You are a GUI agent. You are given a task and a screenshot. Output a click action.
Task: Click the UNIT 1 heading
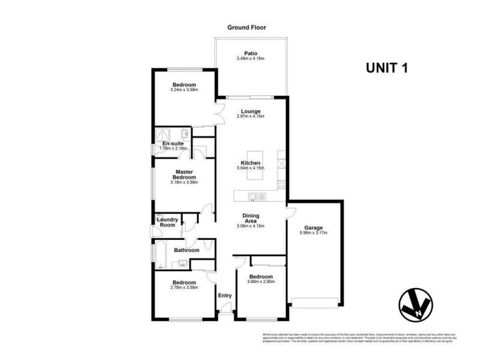(387, 68)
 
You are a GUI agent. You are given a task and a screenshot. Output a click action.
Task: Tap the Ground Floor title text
(246, 28)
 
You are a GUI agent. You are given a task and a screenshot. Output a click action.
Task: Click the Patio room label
(251, 53)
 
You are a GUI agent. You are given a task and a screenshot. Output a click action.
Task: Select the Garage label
(313, 228)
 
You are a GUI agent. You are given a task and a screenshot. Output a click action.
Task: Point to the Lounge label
(250, 111)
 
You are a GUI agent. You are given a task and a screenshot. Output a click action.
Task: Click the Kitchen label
(250, 163)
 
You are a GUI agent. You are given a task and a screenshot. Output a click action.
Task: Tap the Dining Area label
(250, 218)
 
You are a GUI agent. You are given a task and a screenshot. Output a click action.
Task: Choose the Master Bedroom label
(184, 174)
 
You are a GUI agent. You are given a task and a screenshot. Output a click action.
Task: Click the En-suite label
(173, 144)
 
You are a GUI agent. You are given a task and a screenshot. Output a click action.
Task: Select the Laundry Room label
(167, 222)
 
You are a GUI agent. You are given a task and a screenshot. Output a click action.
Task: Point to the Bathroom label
(186, 250)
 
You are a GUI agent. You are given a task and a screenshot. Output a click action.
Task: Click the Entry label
(224, 295)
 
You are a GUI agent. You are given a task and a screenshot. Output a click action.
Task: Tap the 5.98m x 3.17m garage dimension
(313, 233)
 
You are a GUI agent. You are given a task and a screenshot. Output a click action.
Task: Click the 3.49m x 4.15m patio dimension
(251, 58)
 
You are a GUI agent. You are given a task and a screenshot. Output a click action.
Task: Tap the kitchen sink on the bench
(257, 195)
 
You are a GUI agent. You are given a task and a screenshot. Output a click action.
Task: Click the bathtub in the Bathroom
(161, 254)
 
